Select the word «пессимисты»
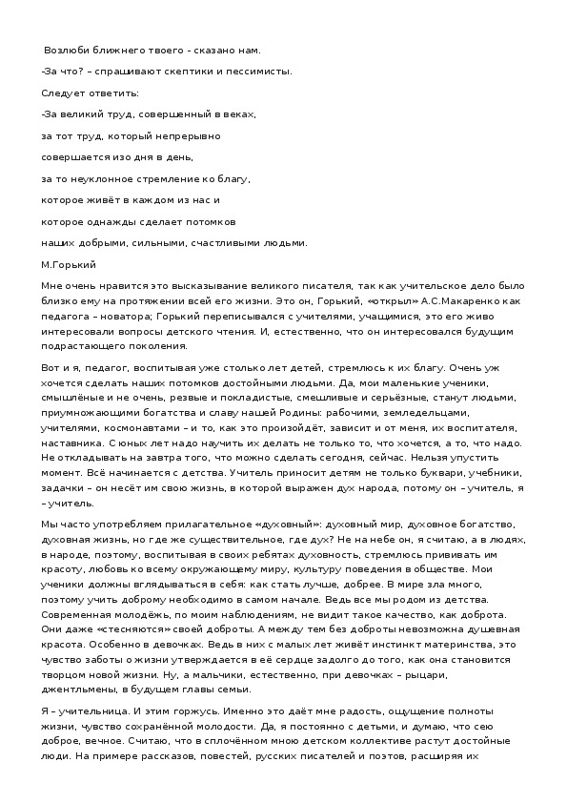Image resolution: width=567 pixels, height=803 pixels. (254, 72)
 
